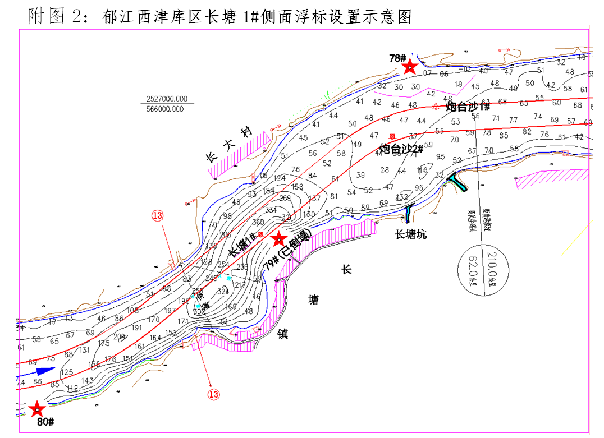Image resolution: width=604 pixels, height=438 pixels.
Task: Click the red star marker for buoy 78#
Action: pyautogui.click(x=410, y=67)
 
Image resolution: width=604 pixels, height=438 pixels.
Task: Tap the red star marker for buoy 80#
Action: pyautogui.click(x=37, y=409)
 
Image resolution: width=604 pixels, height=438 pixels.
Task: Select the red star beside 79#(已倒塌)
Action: pyautogui.click(x=278, y=240)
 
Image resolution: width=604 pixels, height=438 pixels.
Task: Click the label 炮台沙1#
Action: pyautogui.click(x=468, y=107)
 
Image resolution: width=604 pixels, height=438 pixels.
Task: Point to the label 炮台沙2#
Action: pyautogui.click(x=401, y=149)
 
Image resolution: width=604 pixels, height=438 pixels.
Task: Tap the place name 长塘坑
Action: pyautogui.click(x=410, y=234)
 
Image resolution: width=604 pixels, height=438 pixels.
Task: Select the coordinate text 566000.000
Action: pyautogui.click(x=163, y=109)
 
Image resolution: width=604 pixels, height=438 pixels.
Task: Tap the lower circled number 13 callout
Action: pyautogui.click(x=213, y=394)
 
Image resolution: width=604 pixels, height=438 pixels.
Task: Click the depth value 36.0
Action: pyautogui.click(x=258, y=222)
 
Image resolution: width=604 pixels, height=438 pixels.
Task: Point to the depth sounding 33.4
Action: pyautogui.click(x=272, y=210)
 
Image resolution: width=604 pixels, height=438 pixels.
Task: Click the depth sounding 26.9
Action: pyautogui.click(x=285, y=198)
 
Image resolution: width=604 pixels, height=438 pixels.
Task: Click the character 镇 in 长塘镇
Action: pyautogui.click(x=282, y=334)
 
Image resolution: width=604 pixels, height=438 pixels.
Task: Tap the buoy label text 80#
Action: pyautogui.click(x=45, y=422)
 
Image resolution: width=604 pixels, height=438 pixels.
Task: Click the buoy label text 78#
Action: pyautogui.click(x=397, y=58)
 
